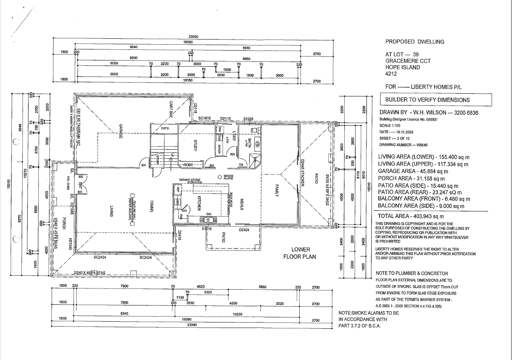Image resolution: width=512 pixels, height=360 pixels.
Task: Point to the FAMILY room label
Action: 277,192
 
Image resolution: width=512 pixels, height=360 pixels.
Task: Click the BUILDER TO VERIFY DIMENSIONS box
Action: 435,100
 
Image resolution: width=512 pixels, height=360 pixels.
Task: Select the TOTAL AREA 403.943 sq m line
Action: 411,216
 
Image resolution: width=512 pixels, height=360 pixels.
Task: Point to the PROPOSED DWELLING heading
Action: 415,41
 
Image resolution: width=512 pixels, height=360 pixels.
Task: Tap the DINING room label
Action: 151,205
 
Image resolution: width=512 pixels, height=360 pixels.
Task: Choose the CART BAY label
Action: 172,109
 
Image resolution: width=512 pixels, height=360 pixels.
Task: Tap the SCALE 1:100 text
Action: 391,125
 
